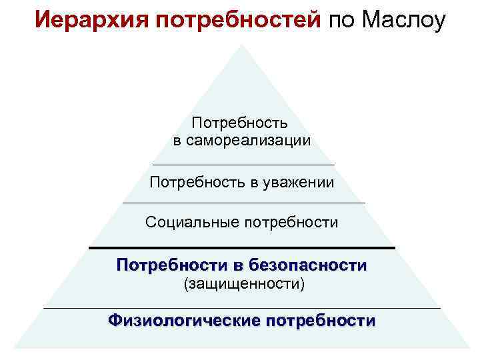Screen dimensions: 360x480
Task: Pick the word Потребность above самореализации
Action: click(240, 123)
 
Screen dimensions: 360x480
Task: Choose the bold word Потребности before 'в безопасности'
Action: click(173, 265)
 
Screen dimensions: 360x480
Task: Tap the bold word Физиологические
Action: click(183, 321)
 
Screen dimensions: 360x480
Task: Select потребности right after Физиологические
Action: click(321, 321)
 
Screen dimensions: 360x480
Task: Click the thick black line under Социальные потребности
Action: click(241, 248)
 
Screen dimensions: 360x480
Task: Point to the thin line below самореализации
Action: click(243, 165)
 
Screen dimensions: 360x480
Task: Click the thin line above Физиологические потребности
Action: click(241, 309)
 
